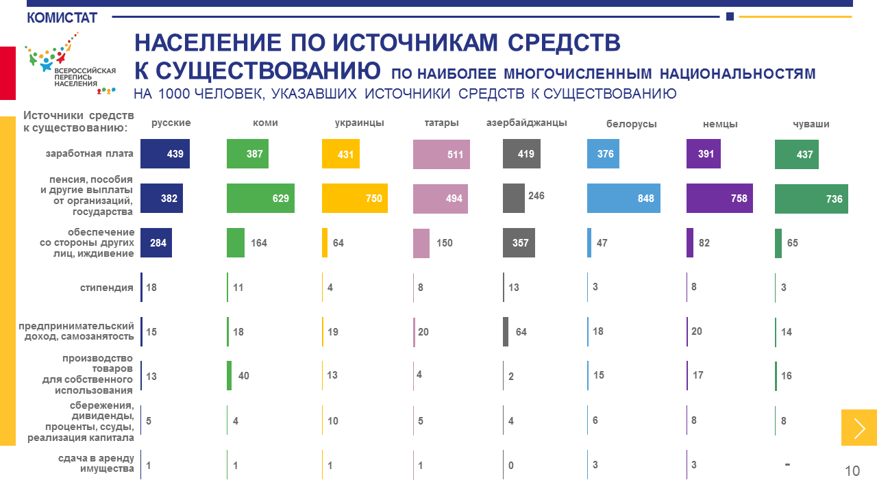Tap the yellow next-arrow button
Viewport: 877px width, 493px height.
(x=859, y=428)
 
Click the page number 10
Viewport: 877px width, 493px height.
(x=852, y=471)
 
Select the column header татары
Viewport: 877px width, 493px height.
(x=441, y=123)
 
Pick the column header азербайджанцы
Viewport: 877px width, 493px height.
(x=526, y=123)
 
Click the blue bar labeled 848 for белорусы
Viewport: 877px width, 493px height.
(x=623, y=199)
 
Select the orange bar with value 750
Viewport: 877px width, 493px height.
(x=355, y=199)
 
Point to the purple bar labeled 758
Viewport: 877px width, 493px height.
(x=719, y=199)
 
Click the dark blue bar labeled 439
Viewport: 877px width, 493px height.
(x=165, y=154)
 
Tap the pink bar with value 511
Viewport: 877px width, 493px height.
(x=442, y=155)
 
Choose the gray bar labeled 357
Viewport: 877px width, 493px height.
(x=519, y=243)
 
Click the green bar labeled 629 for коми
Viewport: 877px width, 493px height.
(x=260, y=199)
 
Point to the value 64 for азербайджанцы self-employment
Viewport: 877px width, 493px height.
(x=521, y=332)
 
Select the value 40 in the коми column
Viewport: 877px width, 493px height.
(x=244, y=376)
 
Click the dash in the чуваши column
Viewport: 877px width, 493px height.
(x=787, y=465)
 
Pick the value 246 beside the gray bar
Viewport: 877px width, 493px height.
(x=536, y=196)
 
